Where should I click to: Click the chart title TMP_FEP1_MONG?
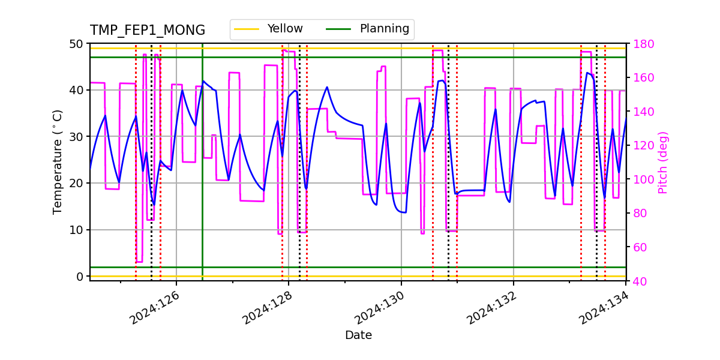point(148,31)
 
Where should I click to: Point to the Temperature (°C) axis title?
point(58,162)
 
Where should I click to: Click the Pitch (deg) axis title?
point(663,162)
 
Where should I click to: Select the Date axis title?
point(358,335)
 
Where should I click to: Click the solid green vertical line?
point(202,180)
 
